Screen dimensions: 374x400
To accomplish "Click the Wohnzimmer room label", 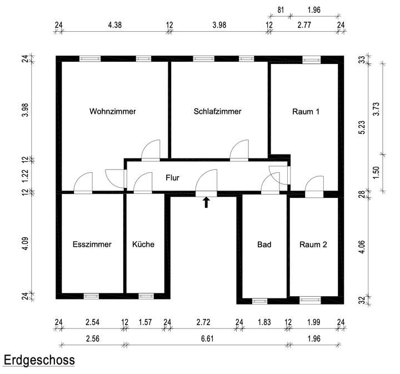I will point(113,111).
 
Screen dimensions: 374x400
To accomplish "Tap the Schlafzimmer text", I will point(218,111).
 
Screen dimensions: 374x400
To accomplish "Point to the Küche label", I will point(143,244).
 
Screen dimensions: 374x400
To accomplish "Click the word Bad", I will point(264,244).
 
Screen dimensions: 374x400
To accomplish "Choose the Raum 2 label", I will point(313,244).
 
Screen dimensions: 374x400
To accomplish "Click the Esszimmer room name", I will point(92,244).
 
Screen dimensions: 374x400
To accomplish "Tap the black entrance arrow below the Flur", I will point(206,202).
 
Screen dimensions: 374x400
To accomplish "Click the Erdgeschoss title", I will point(39,360).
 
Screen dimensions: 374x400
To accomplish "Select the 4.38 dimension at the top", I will point(114,25).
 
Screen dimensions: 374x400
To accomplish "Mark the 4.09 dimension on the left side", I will point(25,243).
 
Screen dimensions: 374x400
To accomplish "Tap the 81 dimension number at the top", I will point(281,9).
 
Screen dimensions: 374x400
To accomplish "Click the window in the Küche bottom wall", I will point(146,296).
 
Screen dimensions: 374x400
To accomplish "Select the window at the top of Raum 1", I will point(311,58).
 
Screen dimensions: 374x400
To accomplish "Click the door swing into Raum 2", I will point(314,186).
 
